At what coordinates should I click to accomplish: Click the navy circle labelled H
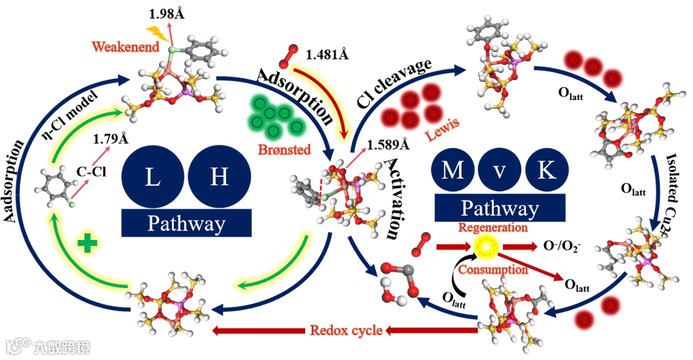pos(217,177)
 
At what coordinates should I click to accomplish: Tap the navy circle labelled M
pos(452,171)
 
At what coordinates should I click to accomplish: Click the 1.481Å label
pos(327,55)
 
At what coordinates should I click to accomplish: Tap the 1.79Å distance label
pos(109,140)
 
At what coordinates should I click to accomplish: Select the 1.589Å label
pos(387,143)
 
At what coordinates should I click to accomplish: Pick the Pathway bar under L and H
pos(187,223)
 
